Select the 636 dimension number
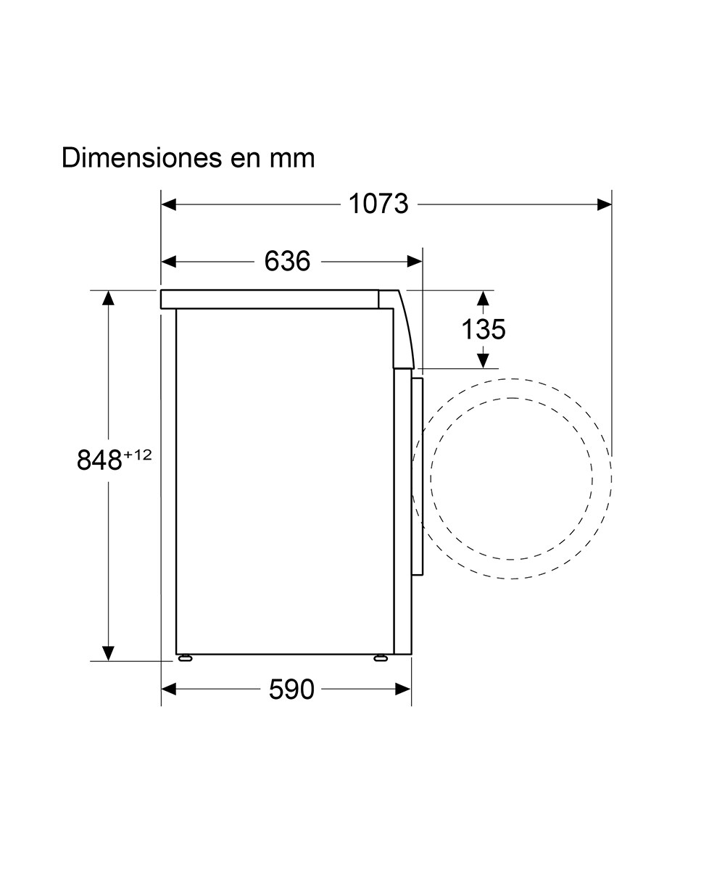click(287, 261)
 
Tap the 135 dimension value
click(483, 329)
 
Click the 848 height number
click(99, 460)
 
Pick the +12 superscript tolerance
click(138, 455)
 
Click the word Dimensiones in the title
click(141, 157)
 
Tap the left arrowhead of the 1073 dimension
click(169, 204)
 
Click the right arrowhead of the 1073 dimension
click(604, 204)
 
